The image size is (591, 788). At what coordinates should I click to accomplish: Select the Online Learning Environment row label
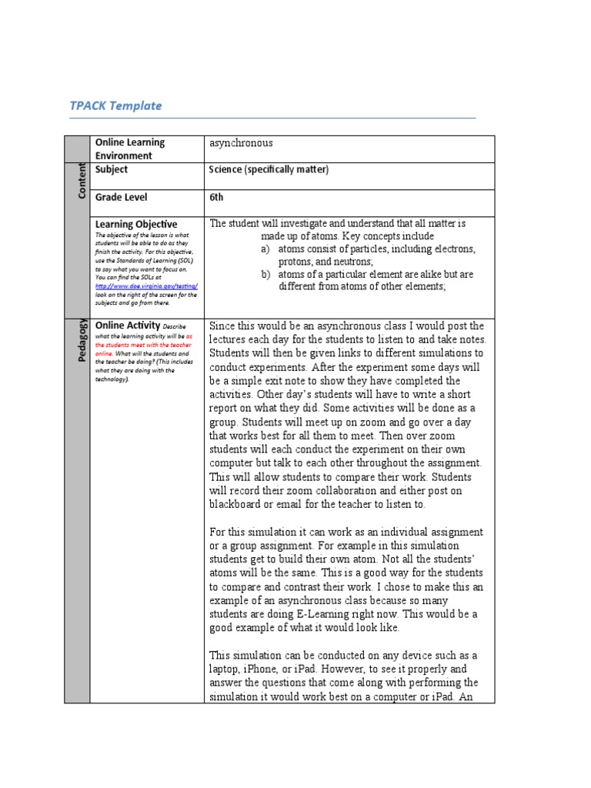point(129,149)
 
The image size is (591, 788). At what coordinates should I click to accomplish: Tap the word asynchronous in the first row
point(241,143)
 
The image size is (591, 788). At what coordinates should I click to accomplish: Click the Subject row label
point(112,169)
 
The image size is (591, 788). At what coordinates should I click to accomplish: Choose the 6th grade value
point(216,197)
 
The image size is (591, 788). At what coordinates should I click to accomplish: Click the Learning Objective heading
point(135,224)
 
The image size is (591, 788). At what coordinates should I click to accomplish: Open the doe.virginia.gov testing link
point(146,285)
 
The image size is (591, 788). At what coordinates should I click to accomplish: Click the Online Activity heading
point(127,326)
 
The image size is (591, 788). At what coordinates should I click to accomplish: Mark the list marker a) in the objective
point(265,249)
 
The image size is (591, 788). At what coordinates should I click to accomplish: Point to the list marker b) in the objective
point(265,274)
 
